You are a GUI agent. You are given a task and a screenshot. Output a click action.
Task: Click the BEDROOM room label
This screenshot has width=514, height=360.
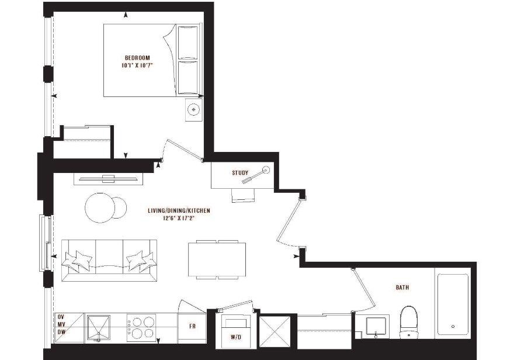click(137, 58)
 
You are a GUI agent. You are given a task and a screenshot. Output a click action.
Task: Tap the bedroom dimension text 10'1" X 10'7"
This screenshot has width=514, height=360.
click(137, 65)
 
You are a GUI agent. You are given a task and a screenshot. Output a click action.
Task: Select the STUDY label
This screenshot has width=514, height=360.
click(240, 173)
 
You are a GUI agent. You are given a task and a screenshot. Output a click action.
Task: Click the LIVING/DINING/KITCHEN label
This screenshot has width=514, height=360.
click(179, 210)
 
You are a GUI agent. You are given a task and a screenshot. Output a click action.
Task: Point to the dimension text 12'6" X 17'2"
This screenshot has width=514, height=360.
click(179, 218)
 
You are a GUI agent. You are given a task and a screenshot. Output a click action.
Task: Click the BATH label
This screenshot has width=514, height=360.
click(402, 288)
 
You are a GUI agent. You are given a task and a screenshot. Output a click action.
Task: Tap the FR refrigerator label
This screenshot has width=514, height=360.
click(192, 326)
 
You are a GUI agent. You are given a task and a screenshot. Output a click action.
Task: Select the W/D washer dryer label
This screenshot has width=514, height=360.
click(236, 337)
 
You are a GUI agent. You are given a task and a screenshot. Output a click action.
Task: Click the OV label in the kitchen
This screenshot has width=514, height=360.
click(61, 317)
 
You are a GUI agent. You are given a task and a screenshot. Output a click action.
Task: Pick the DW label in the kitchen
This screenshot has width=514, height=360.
click(61, 332)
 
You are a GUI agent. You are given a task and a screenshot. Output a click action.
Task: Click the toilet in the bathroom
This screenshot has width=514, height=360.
click(409, 322)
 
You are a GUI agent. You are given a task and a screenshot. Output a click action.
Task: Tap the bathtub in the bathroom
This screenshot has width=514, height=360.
click(453, 304)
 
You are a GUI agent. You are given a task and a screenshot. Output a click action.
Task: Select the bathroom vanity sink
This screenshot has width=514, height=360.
click(376, 327)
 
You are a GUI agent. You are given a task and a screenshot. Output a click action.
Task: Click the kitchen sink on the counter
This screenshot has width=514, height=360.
click(98, 328)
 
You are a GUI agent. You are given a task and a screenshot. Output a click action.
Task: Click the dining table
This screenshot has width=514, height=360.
click(217, 259)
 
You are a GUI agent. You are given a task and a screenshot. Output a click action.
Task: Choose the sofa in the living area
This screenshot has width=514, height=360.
click(109, 260)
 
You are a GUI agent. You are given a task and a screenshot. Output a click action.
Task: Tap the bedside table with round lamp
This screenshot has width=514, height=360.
click(194, 109)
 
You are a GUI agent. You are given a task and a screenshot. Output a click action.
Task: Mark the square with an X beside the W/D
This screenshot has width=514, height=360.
click(275, 331)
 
